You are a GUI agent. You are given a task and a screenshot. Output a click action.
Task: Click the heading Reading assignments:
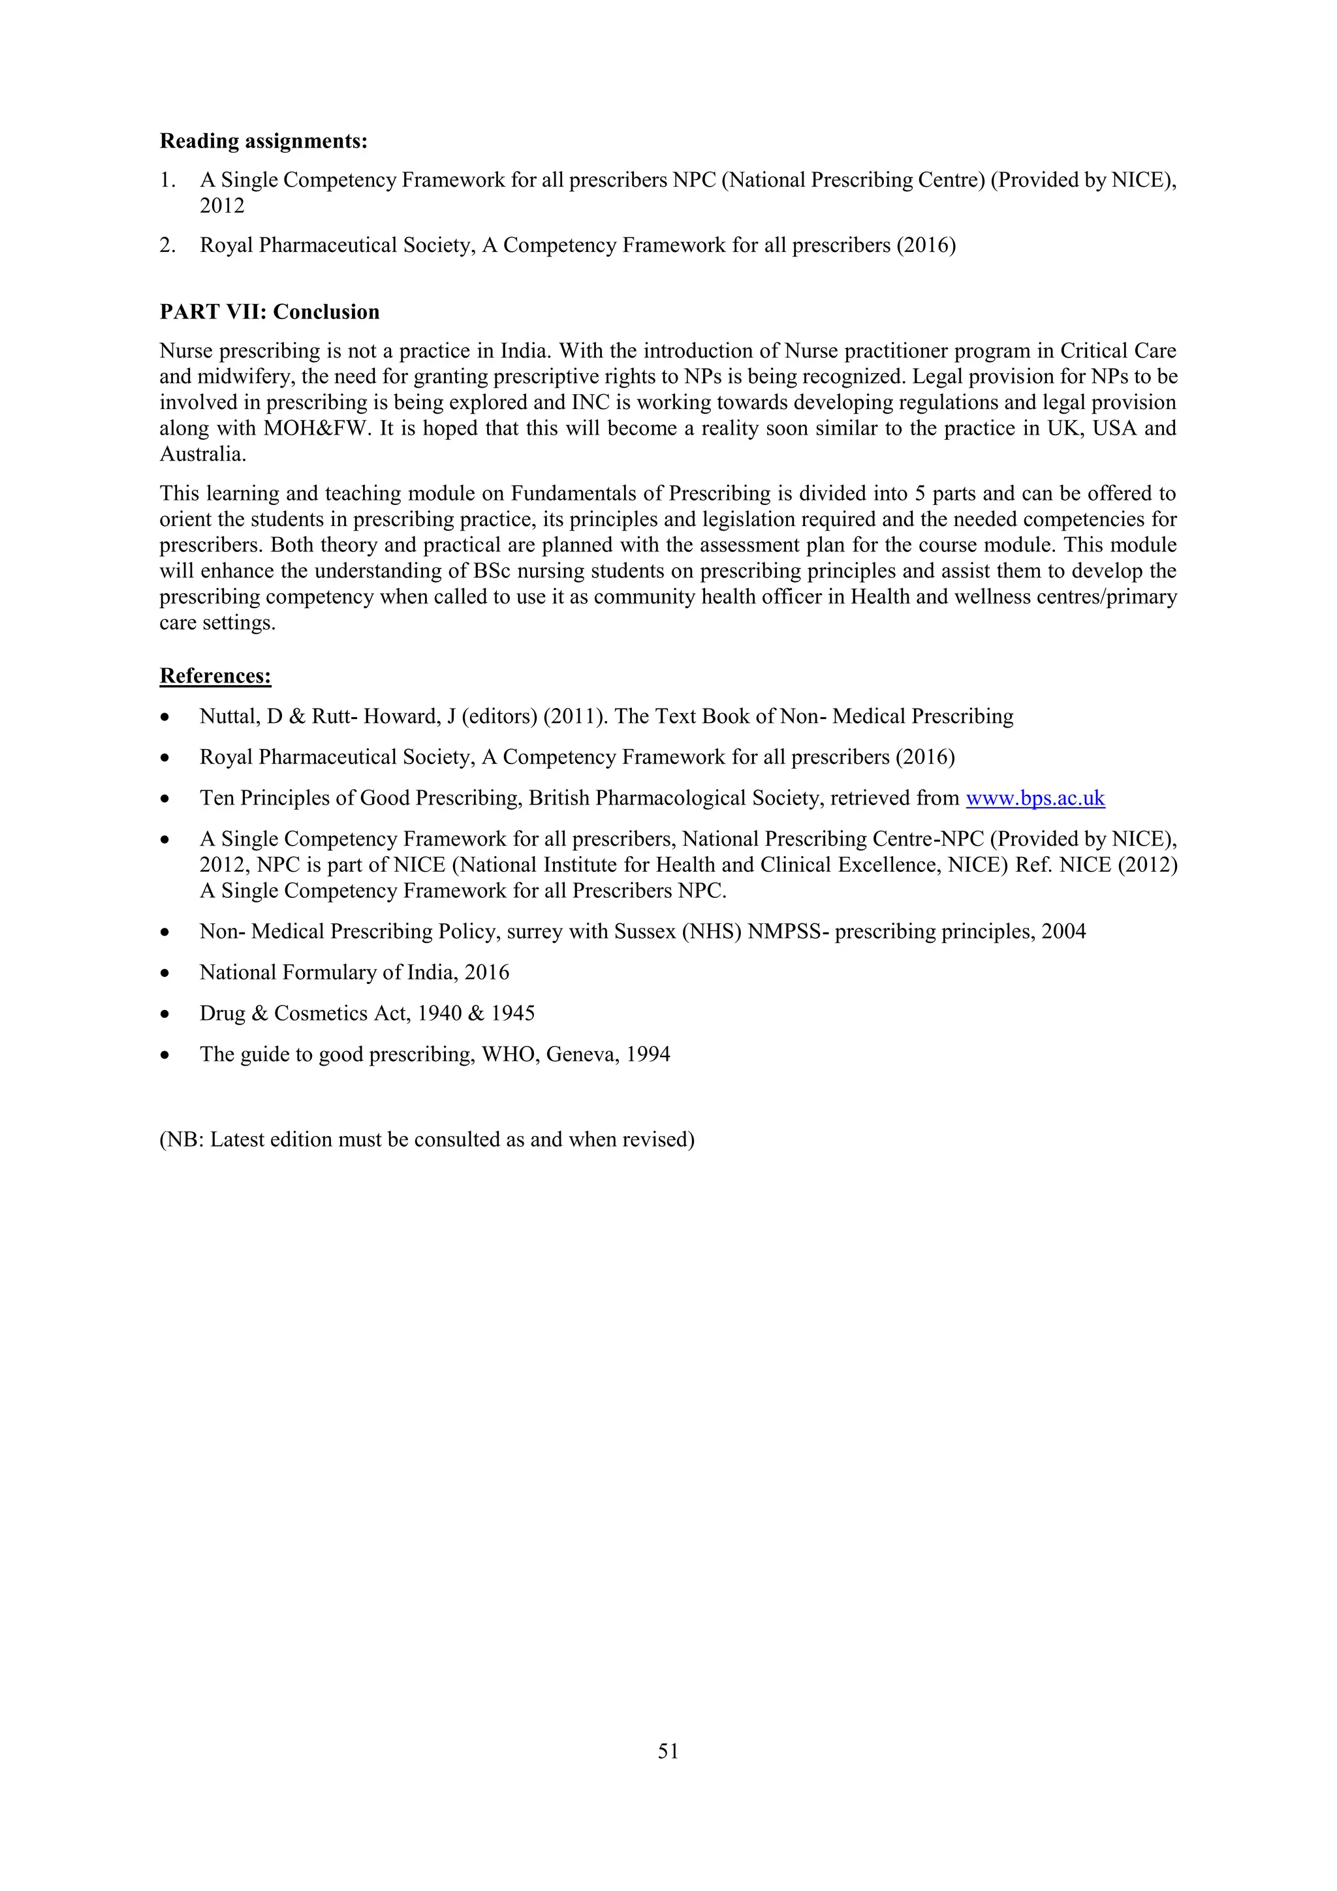tap(263, 142)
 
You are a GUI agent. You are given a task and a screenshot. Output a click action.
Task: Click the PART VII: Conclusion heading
tap(270, 312)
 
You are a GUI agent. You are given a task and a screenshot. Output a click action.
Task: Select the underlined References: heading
tap(215, 676)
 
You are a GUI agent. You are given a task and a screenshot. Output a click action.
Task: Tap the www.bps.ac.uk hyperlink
tap(1035, 798)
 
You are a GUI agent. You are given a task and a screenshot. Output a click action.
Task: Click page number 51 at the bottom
tap(668, 1751)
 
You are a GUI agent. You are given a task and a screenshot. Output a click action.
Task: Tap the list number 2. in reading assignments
tap(167, 245)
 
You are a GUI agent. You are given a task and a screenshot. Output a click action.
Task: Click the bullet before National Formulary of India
tap(166, 974)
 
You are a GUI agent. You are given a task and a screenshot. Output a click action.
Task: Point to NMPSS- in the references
tap(787, 932)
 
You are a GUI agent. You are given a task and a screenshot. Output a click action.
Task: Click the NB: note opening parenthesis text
tap(181, 1140)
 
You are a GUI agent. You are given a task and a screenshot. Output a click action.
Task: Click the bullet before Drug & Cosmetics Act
tap(166, 1015)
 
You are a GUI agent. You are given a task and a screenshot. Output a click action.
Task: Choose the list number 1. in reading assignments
tap(167, 180)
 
